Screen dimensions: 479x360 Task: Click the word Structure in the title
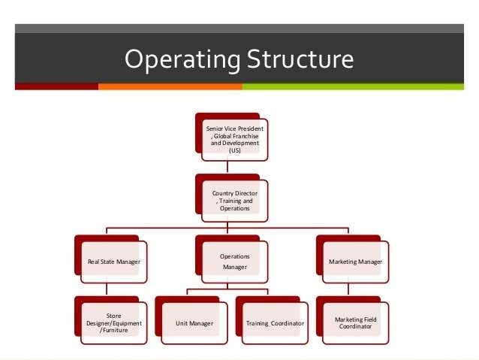[294, 59]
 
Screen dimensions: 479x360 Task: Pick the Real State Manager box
[113, 262]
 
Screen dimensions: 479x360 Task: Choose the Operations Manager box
[235, 262]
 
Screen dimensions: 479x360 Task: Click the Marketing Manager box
[355, 262]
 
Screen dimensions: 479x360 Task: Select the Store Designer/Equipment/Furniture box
[113, 323]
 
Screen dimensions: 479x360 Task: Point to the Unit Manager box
[194, 323]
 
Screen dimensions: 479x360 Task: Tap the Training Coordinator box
[275, 323]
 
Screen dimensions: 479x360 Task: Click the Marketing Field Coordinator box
[355, 323]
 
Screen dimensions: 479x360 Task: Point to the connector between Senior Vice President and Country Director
[229, 169]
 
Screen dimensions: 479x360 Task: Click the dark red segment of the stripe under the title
[56, 86]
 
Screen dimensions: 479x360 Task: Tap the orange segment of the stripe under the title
[170, 86]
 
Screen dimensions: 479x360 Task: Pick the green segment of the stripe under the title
[353, 86]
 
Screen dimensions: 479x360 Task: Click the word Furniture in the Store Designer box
[115, 330]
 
